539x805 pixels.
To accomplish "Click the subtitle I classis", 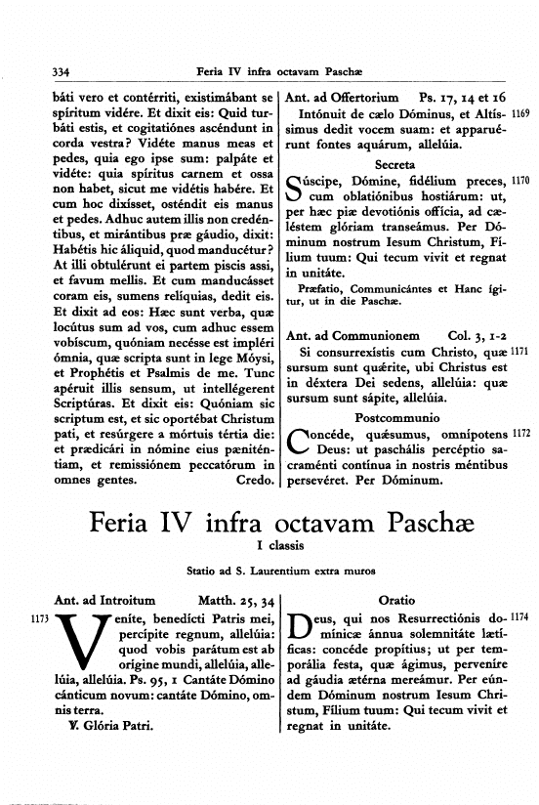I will (270, 544).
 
